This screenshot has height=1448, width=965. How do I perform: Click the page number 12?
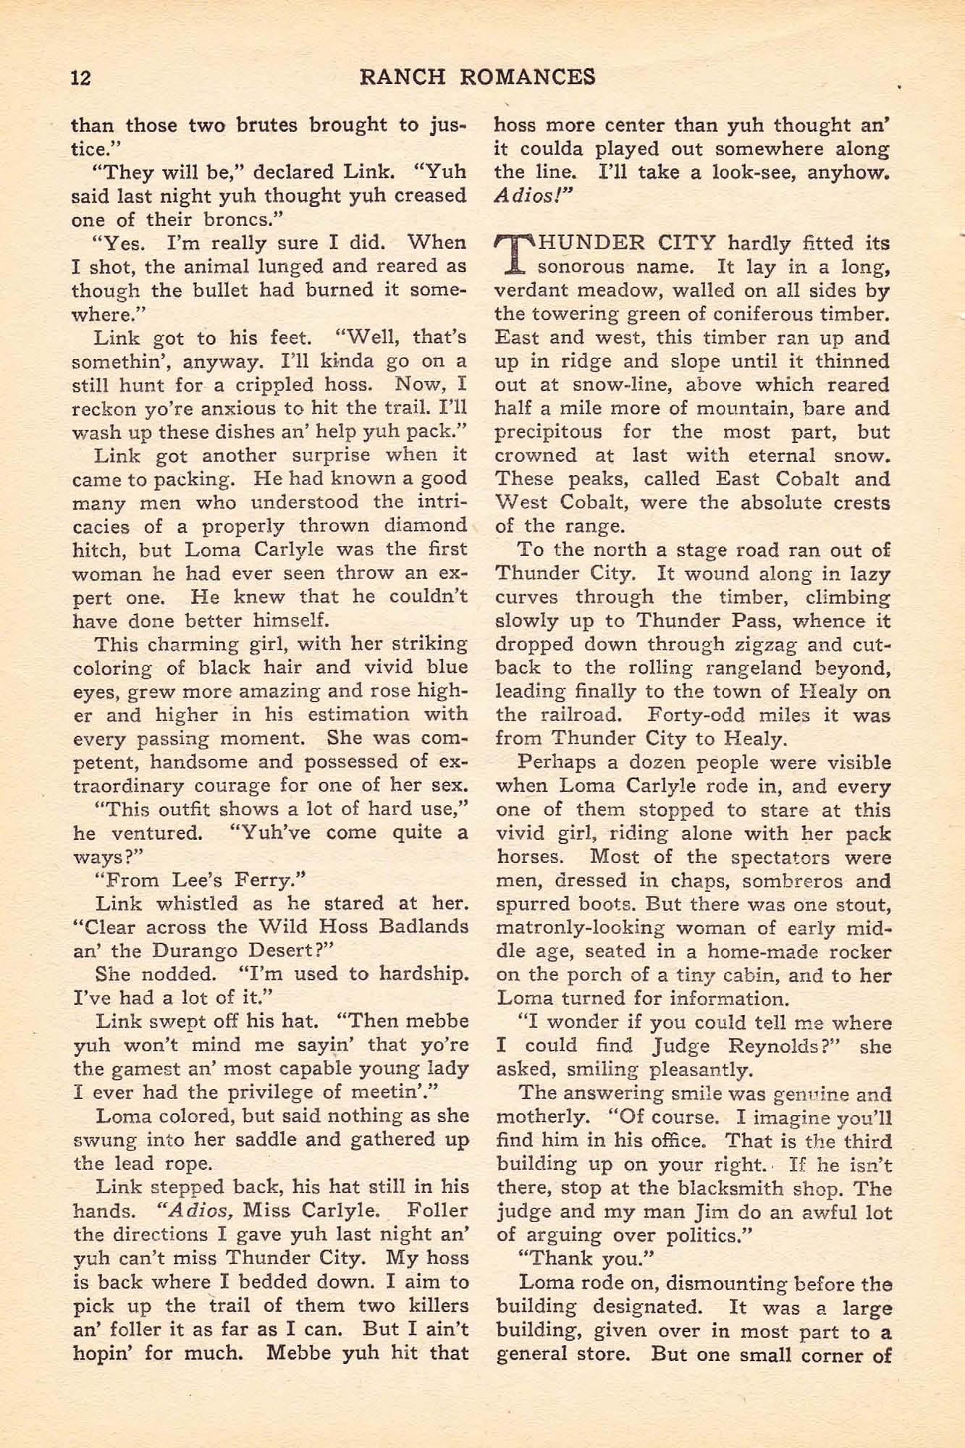[81, 77]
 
